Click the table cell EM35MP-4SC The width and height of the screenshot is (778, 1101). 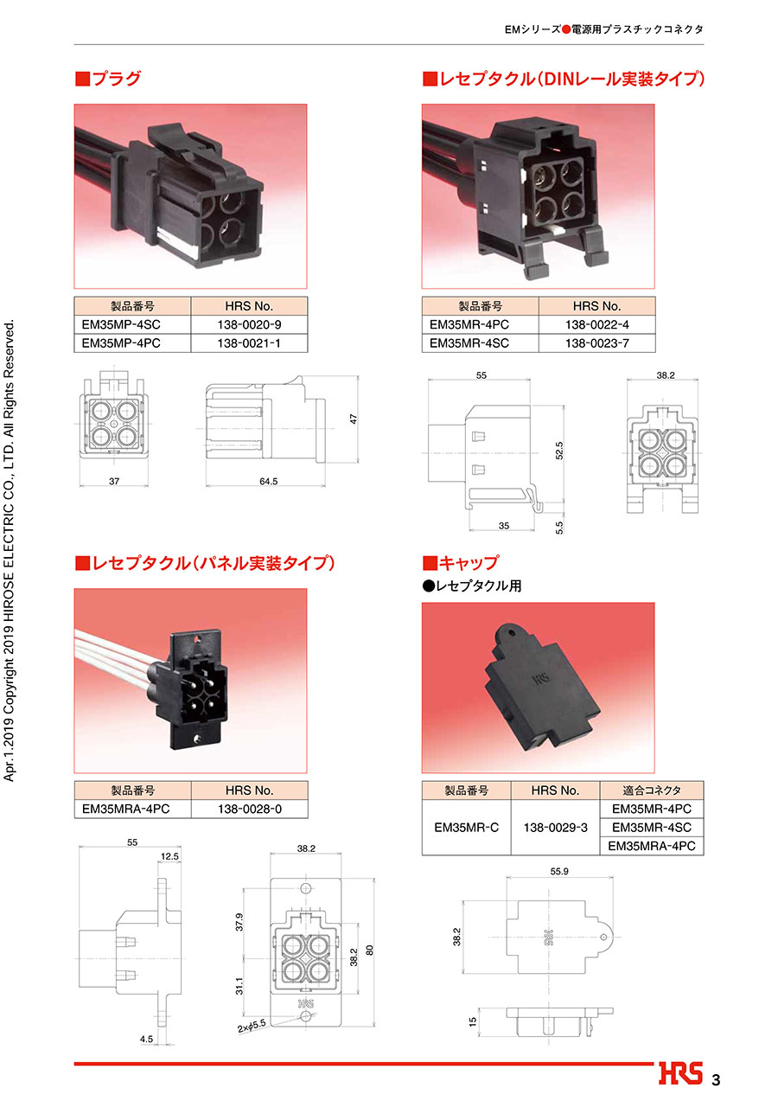pyautogui.click(x=132, y=325)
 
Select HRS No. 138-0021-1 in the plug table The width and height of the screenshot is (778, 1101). pyautogui.click(x=249, y=343)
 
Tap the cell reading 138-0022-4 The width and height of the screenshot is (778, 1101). pyautogui.click(x=596, y=325)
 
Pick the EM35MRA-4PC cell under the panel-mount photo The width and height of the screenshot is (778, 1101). pyautogui.click(x=132, y=809)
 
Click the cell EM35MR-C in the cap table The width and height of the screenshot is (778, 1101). pyautogui.click(x=466, y=828)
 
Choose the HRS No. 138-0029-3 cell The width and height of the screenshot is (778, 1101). pyautogui.click(x=555, y=828)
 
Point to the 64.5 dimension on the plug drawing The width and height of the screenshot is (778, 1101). pyautogui.click(x=268, y=481)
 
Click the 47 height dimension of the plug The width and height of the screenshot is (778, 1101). pyautogui.click(x=354, y=419)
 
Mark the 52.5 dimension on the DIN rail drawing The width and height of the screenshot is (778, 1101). pyautogui.click(x=559, y=451)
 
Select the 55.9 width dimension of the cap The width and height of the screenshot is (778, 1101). pyautogui.click(x=559, y=872)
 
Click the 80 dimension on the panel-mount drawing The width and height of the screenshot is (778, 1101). pyautogui.click(x=370, y=951)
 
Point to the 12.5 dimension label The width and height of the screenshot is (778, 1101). pyautogui.click(x=169, y=857)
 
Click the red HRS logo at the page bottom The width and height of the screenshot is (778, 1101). pyautogui.click(x=680, y=1073)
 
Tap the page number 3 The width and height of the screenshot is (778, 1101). pyautogui.click(x=716, y=1080)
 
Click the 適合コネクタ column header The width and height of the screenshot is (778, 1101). pyautogui.click(x=652, y=791)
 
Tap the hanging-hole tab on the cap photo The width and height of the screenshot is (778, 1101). pyautogui.click(x=507, y=635)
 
